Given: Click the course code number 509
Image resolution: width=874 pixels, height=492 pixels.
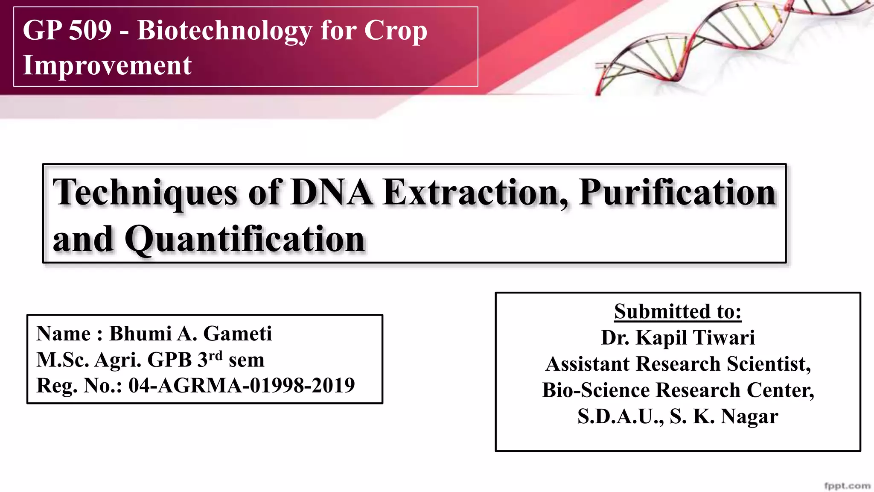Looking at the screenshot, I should [x=90, y=30].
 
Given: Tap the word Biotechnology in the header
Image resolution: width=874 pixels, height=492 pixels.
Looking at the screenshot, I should [x=225, y=31].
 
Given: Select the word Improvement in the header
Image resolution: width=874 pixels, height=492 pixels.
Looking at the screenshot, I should [x=107, y=65].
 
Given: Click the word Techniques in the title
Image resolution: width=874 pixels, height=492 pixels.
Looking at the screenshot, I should [x=145, y=193].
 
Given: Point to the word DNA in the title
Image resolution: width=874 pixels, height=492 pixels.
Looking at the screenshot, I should [x=332, y=193].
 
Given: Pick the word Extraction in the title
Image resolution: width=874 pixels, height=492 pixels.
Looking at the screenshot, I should [x=475, y=193].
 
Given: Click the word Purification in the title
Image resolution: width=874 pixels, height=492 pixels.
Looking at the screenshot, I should [x=677, y=193].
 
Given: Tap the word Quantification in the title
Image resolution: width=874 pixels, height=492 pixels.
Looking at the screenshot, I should [x=245, y=239].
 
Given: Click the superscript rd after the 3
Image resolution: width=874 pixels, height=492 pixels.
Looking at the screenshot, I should [x=216, y=356].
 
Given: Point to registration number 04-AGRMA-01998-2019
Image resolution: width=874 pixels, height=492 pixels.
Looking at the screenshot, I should [x=242, y=385].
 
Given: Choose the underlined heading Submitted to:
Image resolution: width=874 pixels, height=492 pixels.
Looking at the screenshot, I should [x=678, y=311].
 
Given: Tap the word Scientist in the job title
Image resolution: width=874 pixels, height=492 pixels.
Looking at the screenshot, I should [x=769, y=364].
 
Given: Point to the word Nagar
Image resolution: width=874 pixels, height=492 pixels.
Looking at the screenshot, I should [x=749, y=416].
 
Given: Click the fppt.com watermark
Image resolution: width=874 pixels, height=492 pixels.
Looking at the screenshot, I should [x=847, y=486].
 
